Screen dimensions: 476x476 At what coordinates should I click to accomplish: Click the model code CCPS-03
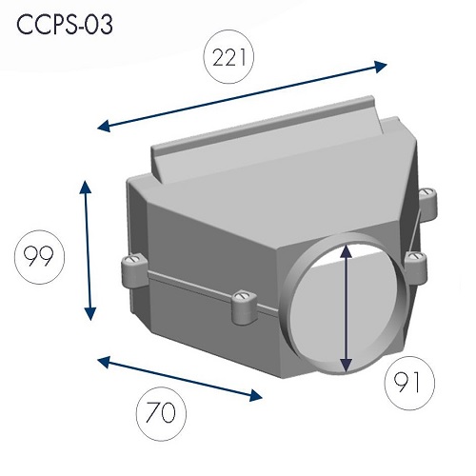coord(65,25)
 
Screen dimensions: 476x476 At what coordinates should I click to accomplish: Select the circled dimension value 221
coord(228,57)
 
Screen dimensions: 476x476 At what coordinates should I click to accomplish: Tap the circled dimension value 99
coord(39,256)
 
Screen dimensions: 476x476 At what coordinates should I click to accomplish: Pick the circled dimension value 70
coord(161,412)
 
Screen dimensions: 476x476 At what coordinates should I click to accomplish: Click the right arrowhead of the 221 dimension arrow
coord(381,67)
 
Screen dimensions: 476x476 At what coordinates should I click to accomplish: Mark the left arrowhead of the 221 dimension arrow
coord(104,127)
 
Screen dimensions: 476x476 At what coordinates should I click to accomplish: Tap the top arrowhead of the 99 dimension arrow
coord(85,187)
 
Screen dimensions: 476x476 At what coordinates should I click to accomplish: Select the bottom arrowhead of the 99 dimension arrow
coord(90,313)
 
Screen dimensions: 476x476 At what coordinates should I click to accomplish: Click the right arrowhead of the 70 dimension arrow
coord(256,395)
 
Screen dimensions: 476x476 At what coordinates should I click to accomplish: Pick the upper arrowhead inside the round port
coord(346,250)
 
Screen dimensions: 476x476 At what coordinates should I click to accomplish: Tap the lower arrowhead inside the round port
coord(346,366)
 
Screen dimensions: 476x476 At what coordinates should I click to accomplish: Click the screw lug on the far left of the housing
coord(134,269)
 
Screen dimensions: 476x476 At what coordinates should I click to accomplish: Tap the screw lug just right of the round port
coord(416,268)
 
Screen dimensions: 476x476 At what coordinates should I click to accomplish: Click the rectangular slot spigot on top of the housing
coord(267,139)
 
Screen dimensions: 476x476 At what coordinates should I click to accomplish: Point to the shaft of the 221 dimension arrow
coord(242,96)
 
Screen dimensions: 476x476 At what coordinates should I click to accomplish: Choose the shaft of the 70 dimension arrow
coord(180,379)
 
